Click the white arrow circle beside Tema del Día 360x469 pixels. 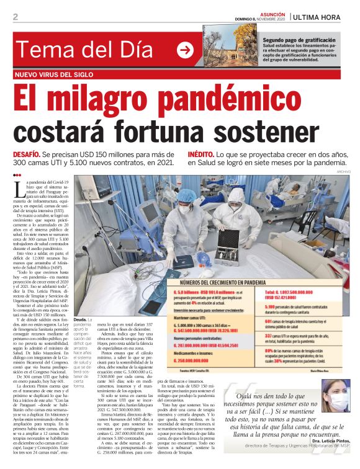pos(185,50)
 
